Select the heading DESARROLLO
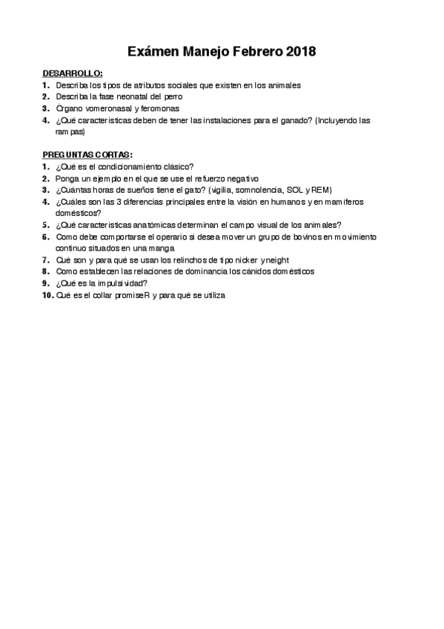coord(72,74)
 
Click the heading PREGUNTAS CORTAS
coord(87,155)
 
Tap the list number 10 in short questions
coord(47,294)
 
